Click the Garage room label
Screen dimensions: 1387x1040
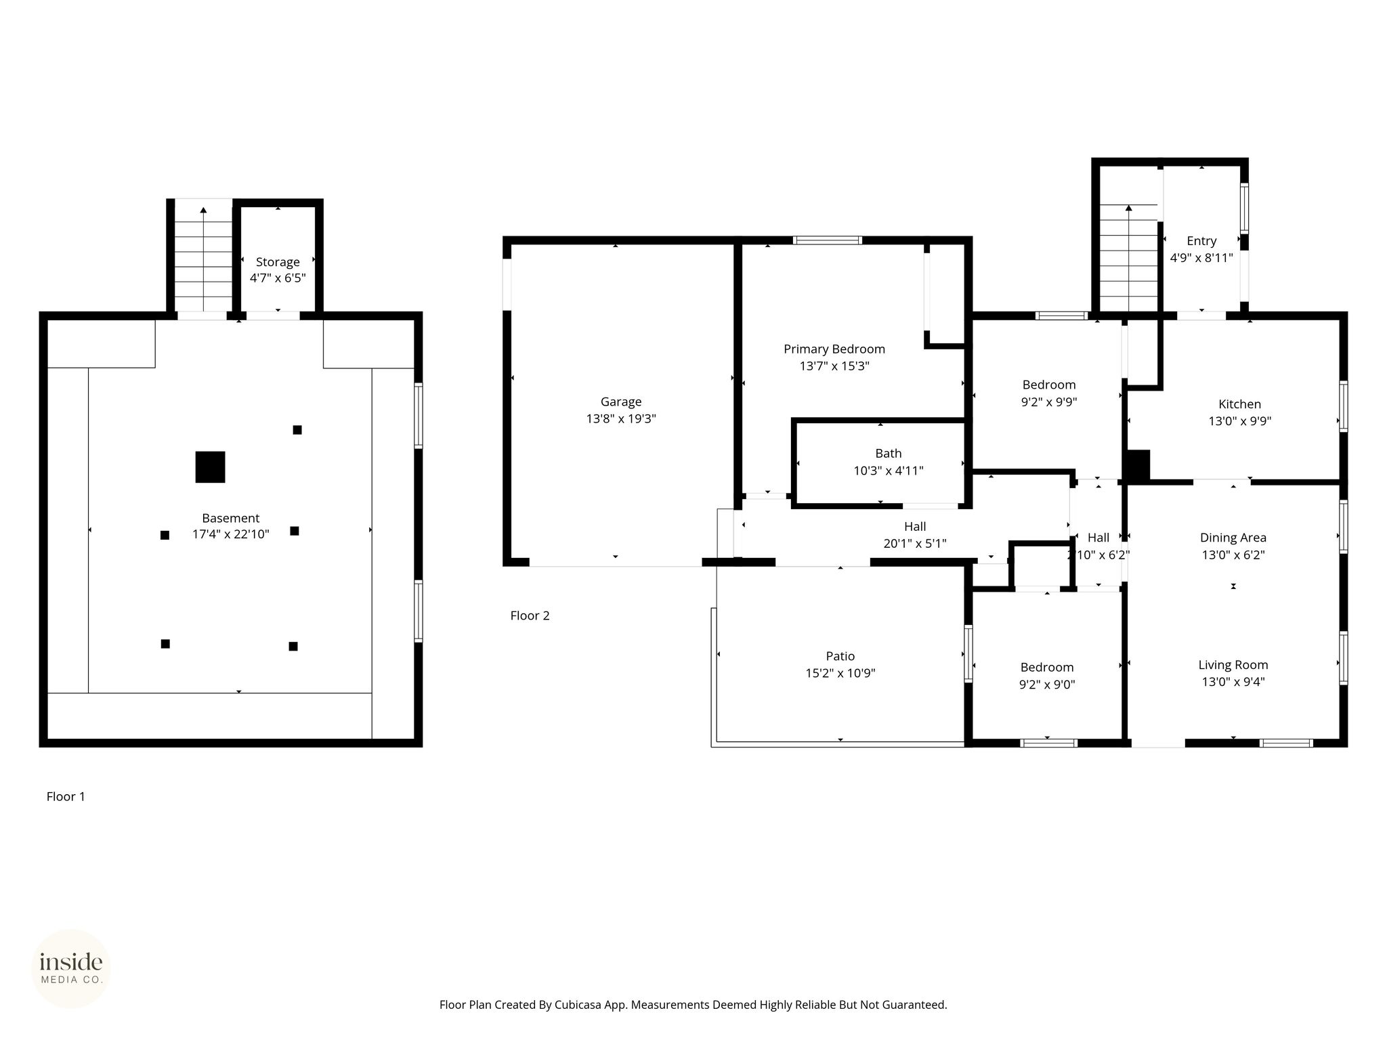pyautogui.click(x=620, y=402)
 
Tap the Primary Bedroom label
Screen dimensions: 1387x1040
pyautogui.click(x=834, y=349)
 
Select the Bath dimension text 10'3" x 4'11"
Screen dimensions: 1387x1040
pyautogui.click(x=888, y=471)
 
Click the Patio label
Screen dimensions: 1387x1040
pyautogui.click(x=840, y=656)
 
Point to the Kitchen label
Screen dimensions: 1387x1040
pyautogui.click(x=1239, y=404)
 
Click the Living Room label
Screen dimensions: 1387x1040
pyautogui.click(x=1233, y=665)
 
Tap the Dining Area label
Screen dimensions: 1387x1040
pyautogui.click(x=1233, y=538)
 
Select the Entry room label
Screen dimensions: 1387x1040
pyautogui.click(x=1201, y=241)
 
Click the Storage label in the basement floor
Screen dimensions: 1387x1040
pyautogui.click(x=278, y=262)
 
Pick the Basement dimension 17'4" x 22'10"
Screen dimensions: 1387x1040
pyautogui.click(x=230, y=534)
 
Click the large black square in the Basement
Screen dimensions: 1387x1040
pyautogui.click(x=210, y=467)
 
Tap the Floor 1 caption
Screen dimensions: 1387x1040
pyautogui.click(x=66, y=796)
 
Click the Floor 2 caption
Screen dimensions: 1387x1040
pyautogui.click(x=530, y=615)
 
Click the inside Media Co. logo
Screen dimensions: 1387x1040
pyautogui.click(x=71, y=969)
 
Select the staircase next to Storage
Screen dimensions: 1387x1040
pyautogui.click(x=203, y=258)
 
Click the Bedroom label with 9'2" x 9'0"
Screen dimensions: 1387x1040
pyautogui.click(x=1047, y=667)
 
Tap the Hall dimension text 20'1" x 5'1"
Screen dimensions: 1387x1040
pyautogui.click(x=914, y=543)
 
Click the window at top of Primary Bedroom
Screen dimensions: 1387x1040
pyautogui.click(x=827, y=240)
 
